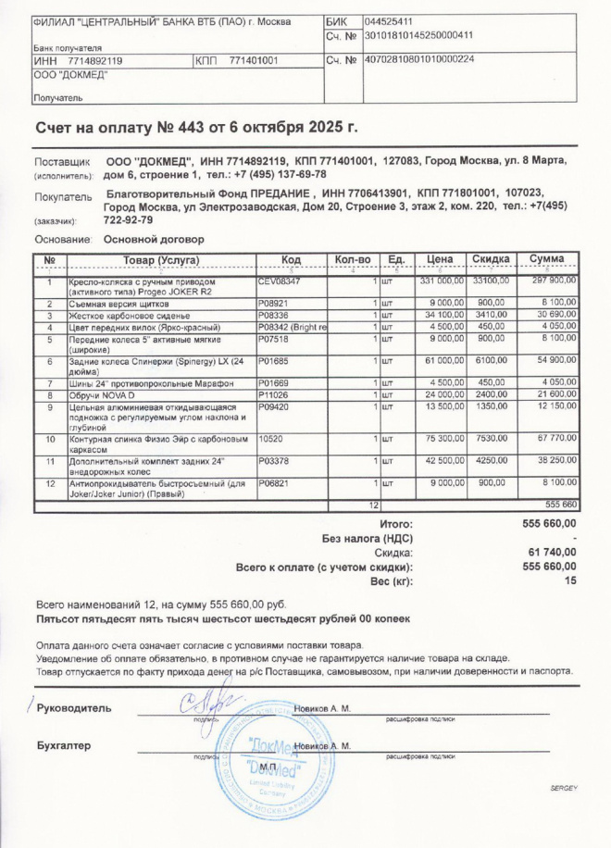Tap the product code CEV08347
point(280,279)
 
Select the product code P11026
point(273,395)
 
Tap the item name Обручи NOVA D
point(98,395)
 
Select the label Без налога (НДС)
point(367,538)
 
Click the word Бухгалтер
point(64,744)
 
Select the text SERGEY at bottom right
point(563,787)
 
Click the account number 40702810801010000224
point(418,59)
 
